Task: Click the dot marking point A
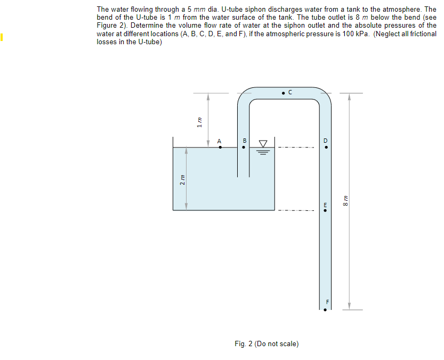(x=221, y=148)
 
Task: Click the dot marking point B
(x=244, y=148)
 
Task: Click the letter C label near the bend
(x=290, y=92)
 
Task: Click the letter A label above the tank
(x=219, y=141)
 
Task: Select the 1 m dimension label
(x=199, y=122)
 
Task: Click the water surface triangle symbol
(x=263, y=144)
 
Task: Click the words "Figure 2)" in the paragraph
(x=111, y=26)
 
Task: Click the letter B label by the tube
(x=244, y=141)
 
